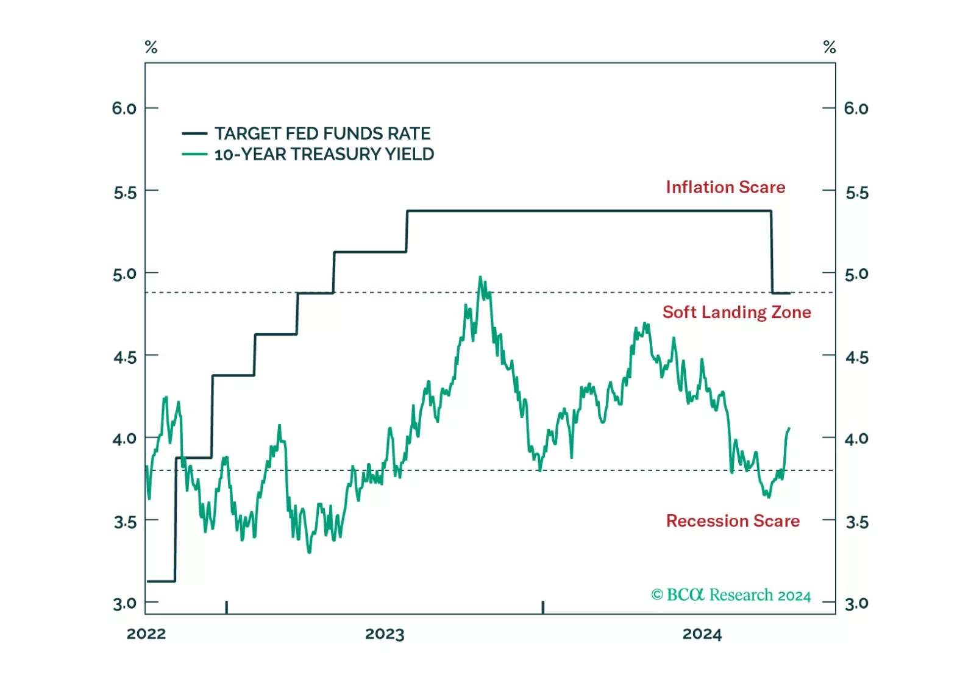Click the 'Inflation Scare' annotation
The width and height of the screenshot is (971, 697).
[725, 187]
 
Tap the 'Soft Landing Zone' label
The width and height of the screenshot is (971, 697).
[737, 313]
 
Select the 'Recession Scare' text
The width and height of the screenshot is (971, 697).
[733, 521]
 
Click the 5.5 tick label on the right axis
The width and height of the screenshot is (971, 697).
[857, 193]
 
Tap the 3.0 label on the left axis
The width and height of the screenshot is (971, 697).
[125, 603]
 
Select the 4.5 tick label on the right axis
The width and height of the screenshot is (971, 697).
[857, 358]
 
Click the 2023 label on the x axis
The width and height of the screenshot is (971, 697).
[385, 634]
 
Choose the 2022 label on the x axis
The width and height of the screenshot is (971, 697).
[146, 634]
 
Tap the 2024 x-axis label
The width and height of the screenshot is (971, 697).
[702, 634]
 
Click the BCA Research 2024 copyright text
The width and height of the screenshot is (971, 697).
[731, 595]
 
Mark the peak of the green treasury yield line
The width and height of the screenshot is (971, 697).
[480, 277]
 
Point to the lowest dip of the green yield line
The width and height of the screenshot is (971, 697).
[309, 553]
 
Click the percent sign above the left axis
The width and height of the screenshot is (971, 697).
[151, 47]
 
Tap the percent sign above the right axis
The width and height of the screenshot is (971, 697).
[830, 47]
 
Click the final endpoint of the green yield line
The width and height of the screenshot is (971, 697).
[789, 428]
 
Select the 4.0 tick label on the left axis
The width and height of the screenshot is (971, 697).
[124, 439]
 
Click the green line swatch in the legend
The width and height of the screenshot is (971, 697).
[194, 154]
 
